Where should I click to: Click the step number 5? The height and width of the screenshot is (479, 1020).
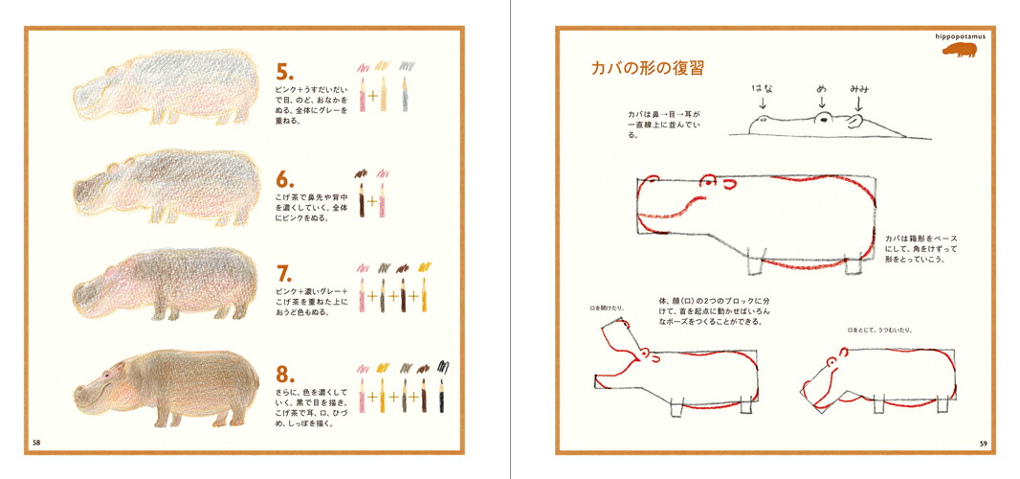pyautogui.click(x=284, y=73)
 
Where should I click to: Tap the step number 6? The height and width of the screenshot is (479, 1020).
pyautogui.click(x=284, y=179)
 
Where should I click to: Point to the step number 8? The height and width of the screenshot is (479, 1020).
pyautogui.click(x=284, y=375)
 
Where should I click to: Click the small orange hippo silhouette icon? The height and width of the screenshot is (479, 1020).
pyautogui.click(x=960, y=51)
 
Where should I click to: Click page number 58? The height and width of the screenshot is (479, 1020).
pyautogui.click(x=36, y=443)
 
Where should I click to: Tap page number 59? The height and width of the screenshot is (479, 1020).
pyautogui.click(x=983, y=443)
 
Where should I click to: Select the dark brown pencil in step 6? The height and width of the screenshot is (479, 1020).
pyautogui.click(x=362, y=199)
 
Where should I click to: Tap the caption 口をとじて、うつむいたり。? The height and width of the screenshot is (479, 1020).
pyautogui.click(x=879, y=330)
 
